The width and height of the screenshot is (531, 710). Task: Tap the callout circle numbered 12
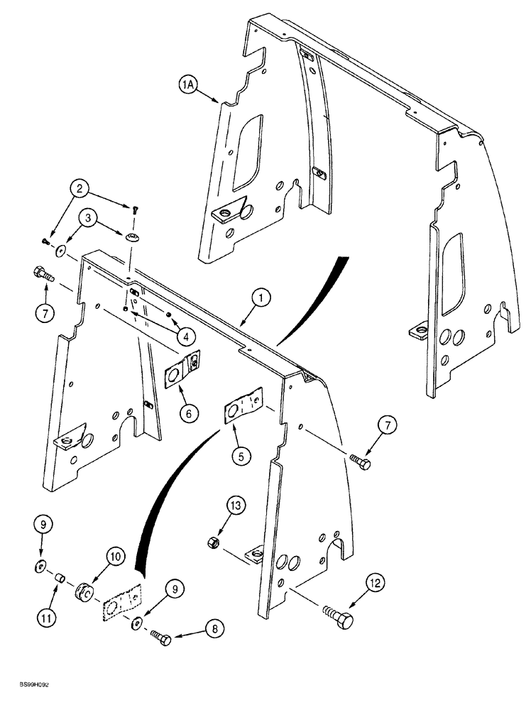click(376, 584)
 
